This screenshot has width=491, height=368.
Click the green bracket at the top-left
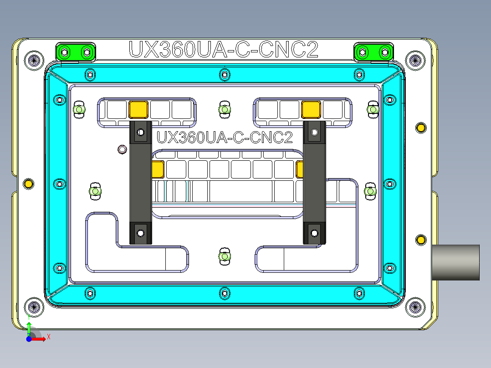tap(76, 52)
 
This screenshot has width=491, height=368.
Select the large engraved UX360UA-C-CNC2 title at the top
tap(223, 50)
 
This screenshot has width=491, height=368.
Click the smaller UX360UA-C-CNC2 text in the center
tap(224, 137)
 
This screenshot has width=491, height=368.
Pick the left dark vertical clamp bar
tap(140, 182)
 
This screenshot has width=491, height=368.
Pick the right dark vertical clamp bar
tap(314, 182)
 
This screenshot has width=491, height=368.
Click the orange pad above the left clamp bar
tap(138, 109)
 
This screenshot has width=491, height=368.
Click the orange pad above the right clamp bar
tap(311, 109)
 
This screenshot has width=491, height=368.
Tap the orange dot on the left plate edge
tap(28, 184)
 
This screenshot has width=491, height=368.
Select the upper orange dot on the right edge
tap(421, 128)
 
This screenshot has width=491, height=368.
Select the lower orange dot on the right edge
tap(421, 240)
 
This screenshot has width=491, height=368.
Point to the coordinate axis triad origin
tap(29, 339)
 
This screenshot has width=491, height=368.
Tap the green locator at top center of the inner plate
tap(224, 110)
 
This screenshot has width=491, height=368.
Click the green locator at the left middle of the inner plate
tap(95, 191)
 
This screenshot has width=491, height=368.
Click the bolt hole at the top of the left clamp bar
tap(141, 133)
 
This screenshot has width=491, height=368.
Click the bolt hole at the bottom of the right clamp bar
tap(314, 233)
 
